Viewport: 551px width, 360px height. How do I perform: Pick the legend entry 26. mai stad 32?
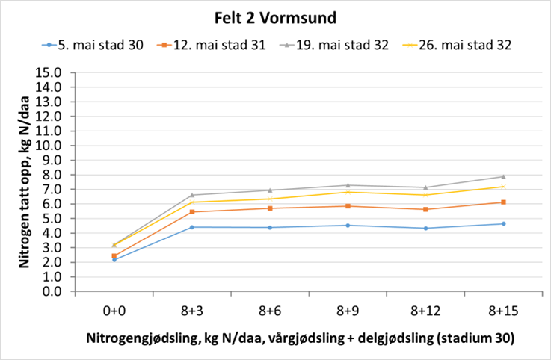coord(467,45)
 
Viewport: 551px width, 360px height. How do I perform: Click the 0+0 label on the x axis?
coord(114,308)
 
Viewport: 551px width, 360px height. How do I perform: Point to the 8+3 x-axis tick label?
coord(192,308)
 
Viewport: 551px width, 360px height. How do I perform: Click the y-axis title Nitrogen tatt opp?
coord(22,181)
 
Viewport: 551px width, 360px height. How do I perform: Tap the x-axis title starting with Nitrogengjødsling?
coord(301,338)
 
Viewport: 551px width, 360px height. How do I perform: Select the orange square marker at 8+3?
coord(192,212)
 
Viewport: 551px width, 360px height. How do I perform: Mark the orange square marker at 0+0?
coord(114,256)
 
